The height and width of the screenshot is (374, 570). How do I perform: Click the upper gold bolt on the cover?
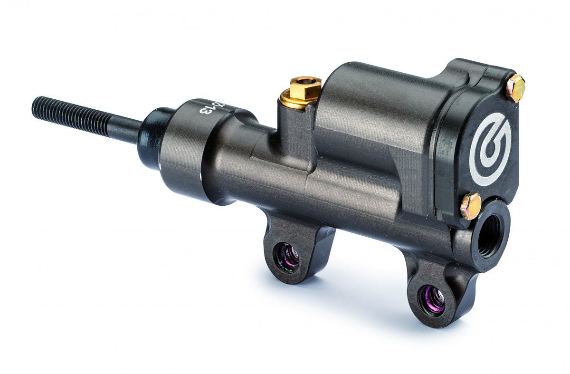515,88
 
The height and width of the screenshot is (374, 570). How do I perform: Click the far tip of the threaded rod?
36,102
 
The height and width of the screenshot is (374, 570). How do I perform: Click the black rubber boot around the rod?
154,135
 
